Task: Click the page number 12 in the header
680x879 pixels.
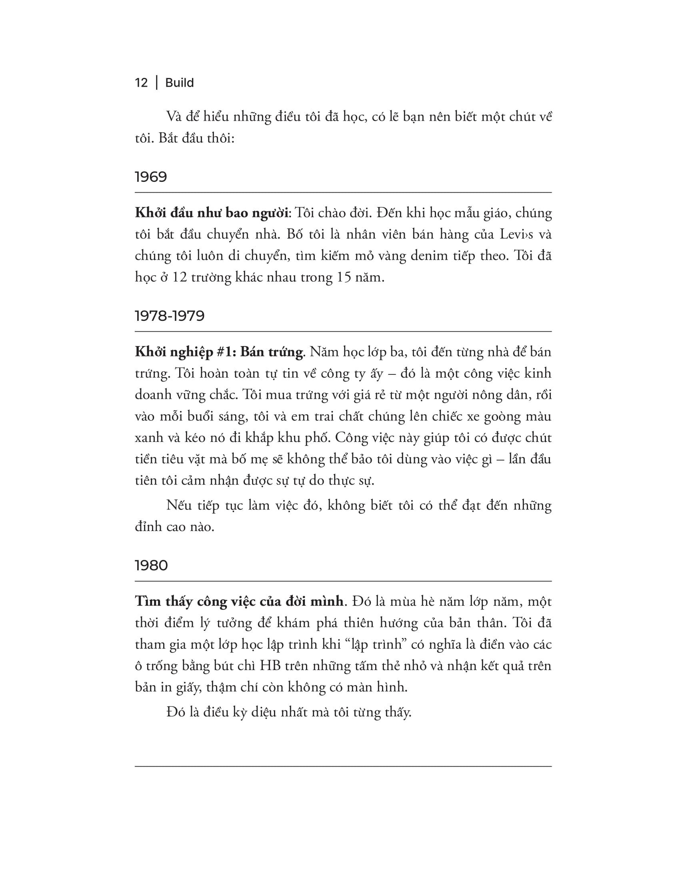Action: pos(141,83)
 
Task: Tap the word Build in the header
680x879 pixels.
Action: pos(179,83)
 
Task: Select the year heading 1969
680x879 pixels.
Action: pos(151,177)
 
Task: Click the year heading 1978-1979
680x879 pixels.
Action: pos(170,316)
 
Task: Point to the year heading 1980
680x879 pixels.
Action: pos(151,565)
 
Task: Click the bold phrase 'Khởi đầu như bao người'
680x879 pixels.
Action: pos(212,213)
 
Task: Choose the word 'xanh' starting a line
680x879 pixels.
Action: pos(148,438)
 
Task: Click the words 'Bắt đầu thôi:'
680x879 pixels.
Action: pos(196,139)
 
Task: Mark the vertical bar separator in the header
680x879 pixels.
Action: pos(157,83)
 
